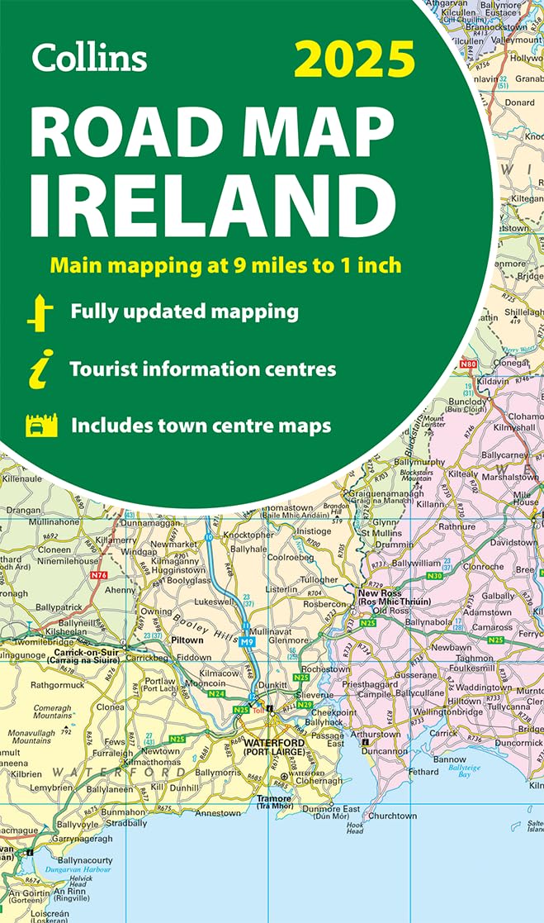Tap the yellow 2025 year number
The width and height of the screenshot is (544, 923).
click(x=354, y=59)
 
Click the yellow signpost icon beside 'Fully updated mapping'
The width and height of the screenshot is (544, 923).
click(x=40, y=313)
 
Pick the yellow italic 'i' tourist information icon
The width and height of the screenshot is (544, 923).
click(x=38, y=369)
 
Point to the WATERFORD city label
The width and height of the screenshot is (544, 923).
click(x=274, y=743)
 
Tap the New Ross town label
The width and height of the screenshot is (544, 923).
click(x=379, y=592)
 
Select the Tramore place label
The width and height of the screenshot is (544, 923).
click(x=273, y=799)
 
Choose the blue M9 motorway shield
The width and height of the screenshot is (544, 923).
click(x=247, y=640)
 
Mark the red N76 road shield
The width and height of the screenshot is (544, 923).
click(x=99, y=574)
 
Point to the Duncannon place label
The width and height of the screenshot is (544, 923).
click(x=385, y=752)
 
